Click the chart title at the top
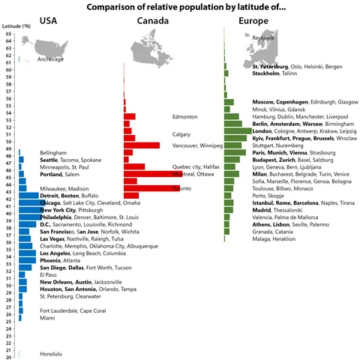[x=180, y=7]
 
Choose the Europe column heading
[x=253, y=21]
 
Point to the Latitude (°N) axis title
[x=17, y=26]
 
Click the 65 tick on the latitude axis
[x=7, y=34]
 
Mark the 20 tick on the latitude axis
[x=7, y=357]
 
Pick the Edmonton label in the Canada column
[x=184, y=117]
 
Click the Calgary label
[x=182, y=132]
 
